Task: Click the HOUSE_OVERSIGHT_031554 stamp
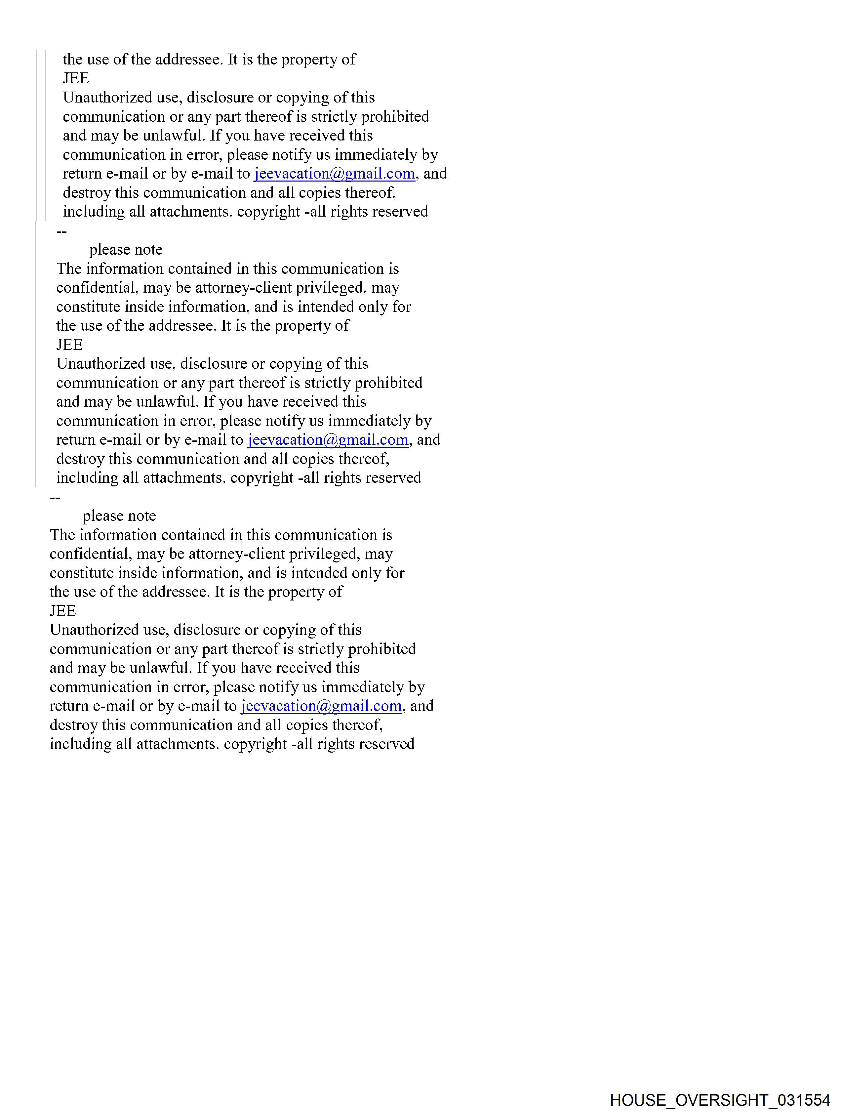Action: click(720, 1100)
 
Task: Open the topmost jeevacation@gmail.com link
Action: click(334, 174)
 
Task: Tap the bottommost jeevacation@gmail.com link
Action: click(321, 706)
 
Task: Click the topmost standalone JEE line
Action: click(76, 79)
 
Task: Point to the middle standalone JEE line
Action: click(69, 345)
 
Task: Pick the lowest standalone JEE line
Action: click(63, 611)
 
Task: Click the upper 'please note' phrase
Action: click(126, 250)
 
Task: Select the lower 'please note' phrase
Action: click(119, 516)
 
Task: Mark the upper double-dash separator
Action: click(61, 231)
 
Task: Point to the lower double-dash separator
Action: click(55, 498)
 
